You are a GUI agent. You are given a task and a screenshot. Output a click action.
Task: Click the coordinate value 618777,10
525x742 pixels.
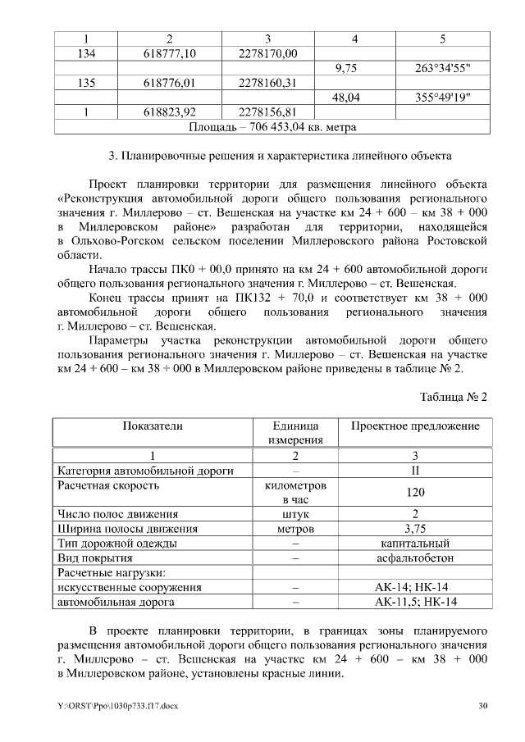click(169, 53)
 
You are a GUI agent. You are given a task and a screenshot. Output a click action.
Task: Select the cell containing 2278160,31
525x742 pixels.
click(267, 83)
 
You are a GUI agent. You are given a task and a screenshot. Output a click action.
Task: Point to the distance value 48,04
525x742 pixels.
click(354, 98)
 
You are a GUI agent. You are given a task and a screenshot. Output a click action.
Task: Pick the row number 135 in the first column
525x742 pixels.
click(87, 83)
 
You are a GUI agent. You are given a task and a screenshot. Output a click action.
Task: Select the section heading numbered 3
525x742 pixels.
click(272, 155)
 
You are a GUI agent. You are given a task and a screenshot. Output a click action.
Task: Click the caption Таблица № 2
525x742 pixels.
click(454, 397)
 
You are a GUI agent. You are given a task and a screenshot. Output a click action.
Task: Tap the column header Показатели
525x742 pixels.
click(153, 426)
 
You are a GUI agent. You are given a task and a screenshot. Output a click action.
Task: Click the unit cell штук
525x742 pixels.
click(294, 514)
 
